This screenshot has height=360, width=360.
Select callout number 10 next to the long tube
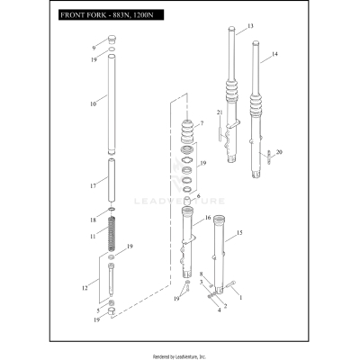pyautogui.click(x=93, y=103)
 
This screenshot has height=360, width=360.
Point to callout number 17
pyautogui.click(x=93, y=186)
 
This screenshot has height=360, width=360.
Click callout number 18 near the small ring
pyautogui.click(x=93, y=220)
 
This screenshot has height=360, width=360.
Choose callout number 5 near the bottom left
pyautogui.click(x=99, y=310)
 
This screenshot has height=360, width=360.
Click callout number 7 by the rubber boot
pyautogui.click(x=202, y=123)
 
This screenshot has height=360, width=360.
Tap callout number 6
pyautogui.click(x=198, y=196)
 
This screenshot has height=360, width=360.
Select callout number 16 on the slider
pyautogui.click(x=208, y=218)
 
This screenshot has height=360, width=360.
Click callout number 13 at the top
pyautogui.click(x=250, y=25)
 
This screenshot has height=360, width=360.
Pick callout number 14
pyautogui.click(x=274, y=55)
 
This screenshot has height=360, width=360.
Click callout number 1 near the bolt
pyautogui.click(x=240, y=297)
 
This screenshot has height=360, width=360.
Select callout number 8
pyautogui.click(x=202, y=275)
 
